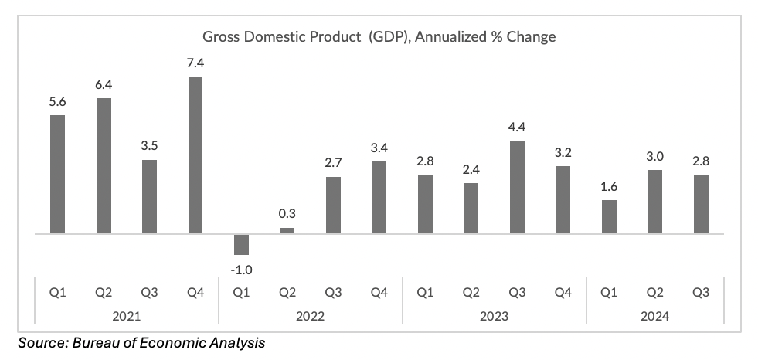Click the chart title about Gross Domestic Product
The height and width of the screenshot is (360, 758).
(x=379, y=36)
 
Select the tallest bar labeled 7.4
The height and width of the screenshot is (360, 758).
(x=195, y=155)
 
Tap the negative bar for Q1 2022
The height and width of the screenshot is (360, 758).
(x=241, y=244)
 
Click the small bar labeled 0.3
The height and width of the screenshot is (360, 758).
(x=287, y=230)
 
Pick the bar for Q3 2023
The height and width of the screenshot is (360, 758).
(x=517, y=186)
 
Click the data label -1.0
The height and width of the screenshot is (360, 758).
(x=241, y=270)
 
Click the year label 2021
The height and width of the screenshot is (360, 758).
(x=126, y=317)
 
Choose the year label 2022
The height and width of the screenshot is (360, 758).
(x=310, y=317)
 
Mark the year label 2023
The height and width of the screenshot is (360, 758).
(x=494, y=317)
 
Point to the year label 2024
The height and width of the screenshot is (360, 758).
(x=654, y=317)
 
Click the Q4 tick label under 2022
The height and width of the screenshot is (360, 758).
(x=379, y=293)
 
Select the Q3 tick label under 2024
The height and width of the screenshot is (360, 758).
(x=701, y=293)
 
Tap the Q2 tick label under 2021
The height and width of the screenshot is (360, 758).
(x=104, y=293)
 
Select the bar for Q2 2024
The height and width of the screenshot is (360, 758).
(x=654, y=201)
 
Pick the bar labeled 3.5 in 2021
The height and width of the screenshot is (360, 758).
(x=149, y=196)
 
